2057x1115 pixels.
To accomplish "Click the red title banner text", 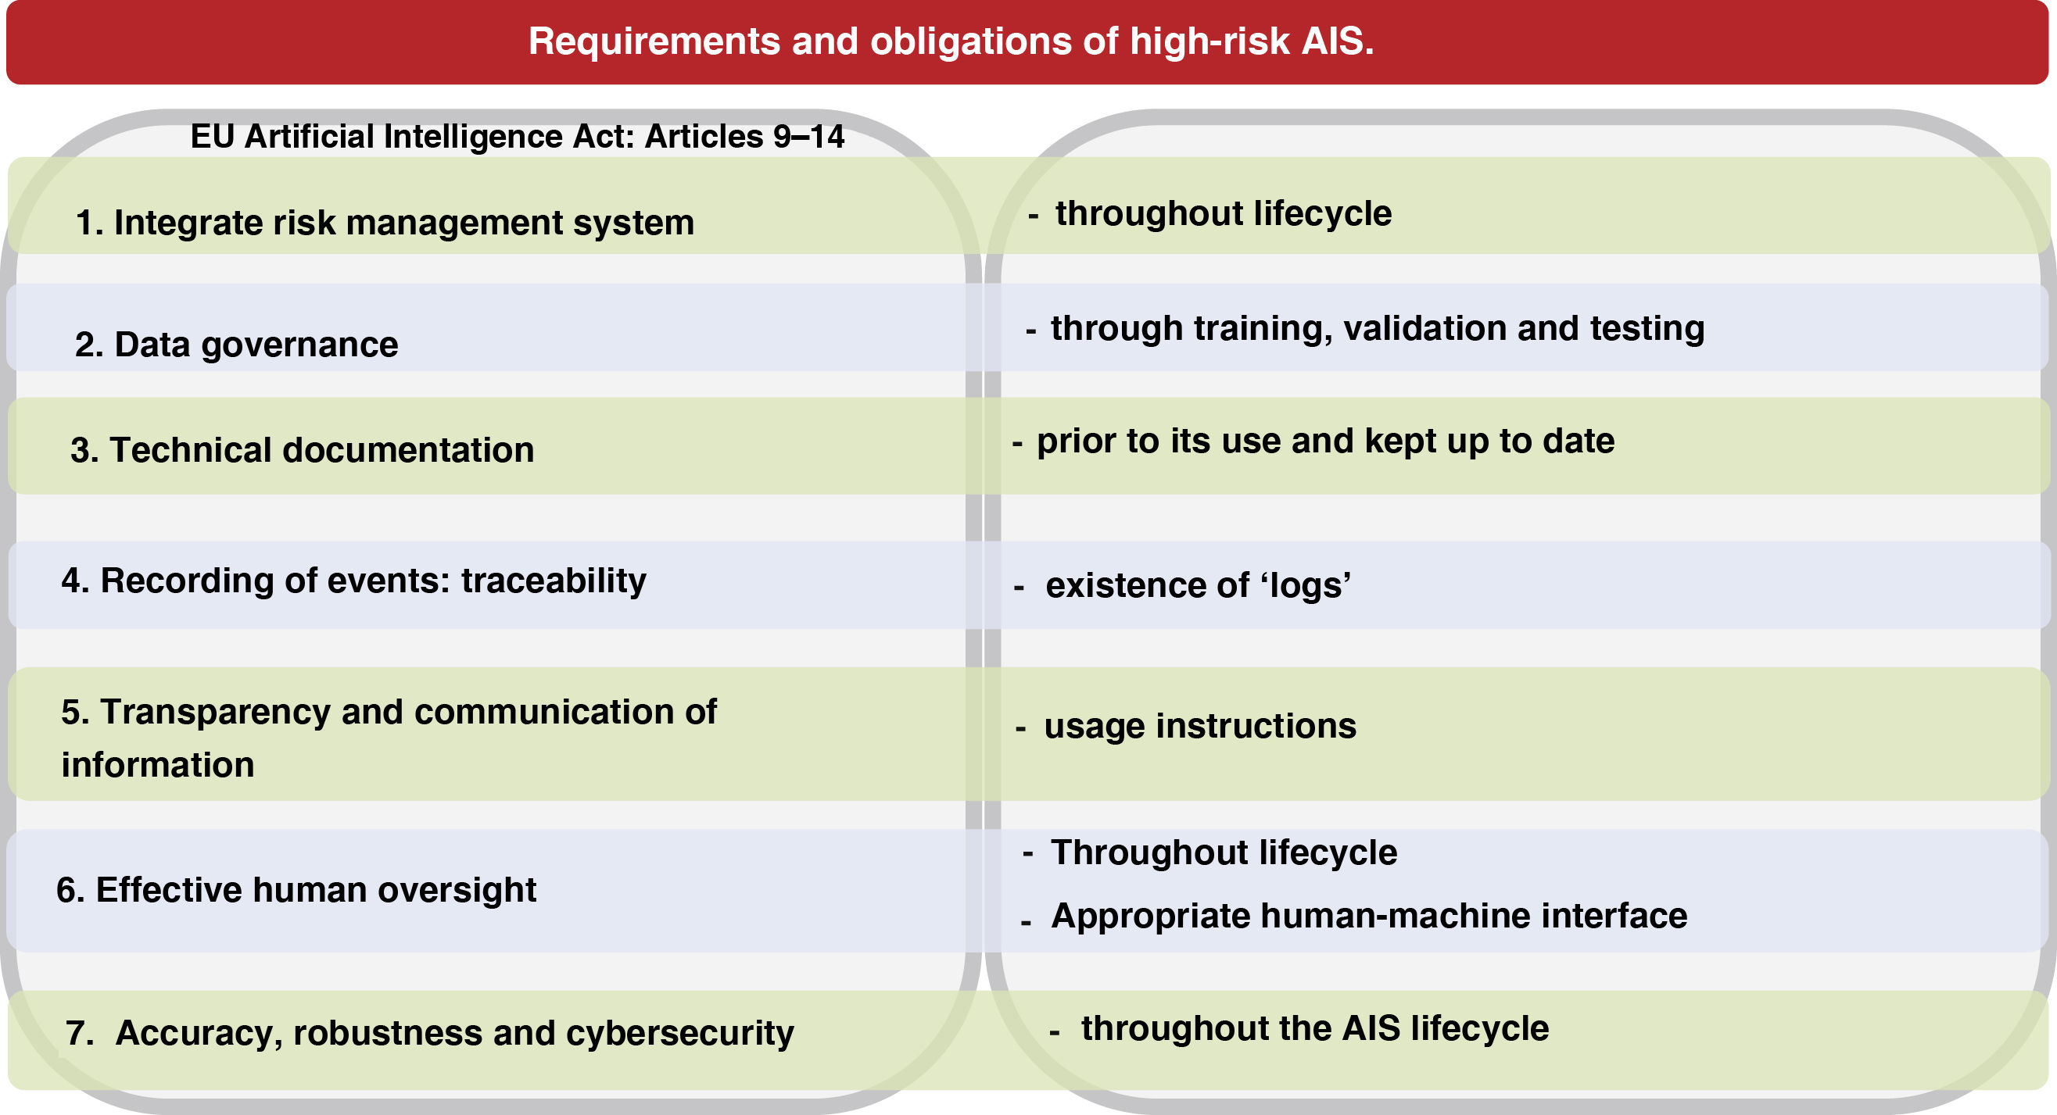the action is (x=951, y=41).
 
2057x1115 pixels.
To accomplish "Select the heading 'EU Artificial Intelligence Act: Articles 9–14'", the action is (x=518, y=137).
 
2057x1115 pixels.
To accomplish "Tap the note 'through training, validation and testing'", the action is (x=1378, y=329).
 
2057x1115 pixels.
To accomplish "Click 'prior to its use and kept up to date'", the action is (x=1325, y=441).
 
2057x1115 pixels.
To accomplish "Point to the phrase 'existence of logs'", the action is (x=1199, y=586).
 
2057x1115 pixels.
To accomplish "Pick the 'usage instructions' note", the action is (x=1200, y=727).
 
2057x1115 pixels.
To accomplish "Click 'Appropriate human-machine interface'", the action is (x=1369, y=917).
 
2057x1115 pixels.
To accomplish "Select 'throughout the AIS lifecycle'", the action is (x=1315, y=1029).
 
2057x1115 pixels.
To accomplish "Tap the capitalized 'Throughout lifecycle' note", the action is (x=1224, y=853).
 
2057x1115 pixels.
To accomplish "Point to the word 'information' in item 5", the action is (x=158, y=766).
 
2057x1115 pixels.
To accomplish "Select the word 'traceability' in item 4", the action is (x=554, y=582).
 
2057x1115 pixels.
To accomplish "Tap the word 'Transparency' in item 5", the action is (x=216, y=713).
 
